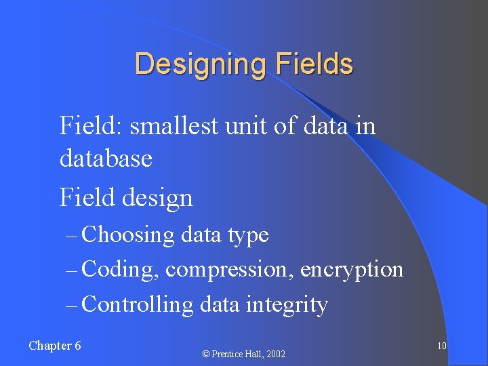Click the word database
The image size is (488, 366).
tap(106, 159)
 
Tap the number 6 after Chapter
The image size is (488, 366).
tap(77, 346)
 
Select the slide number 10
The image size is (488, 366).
tap(441, 346)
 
